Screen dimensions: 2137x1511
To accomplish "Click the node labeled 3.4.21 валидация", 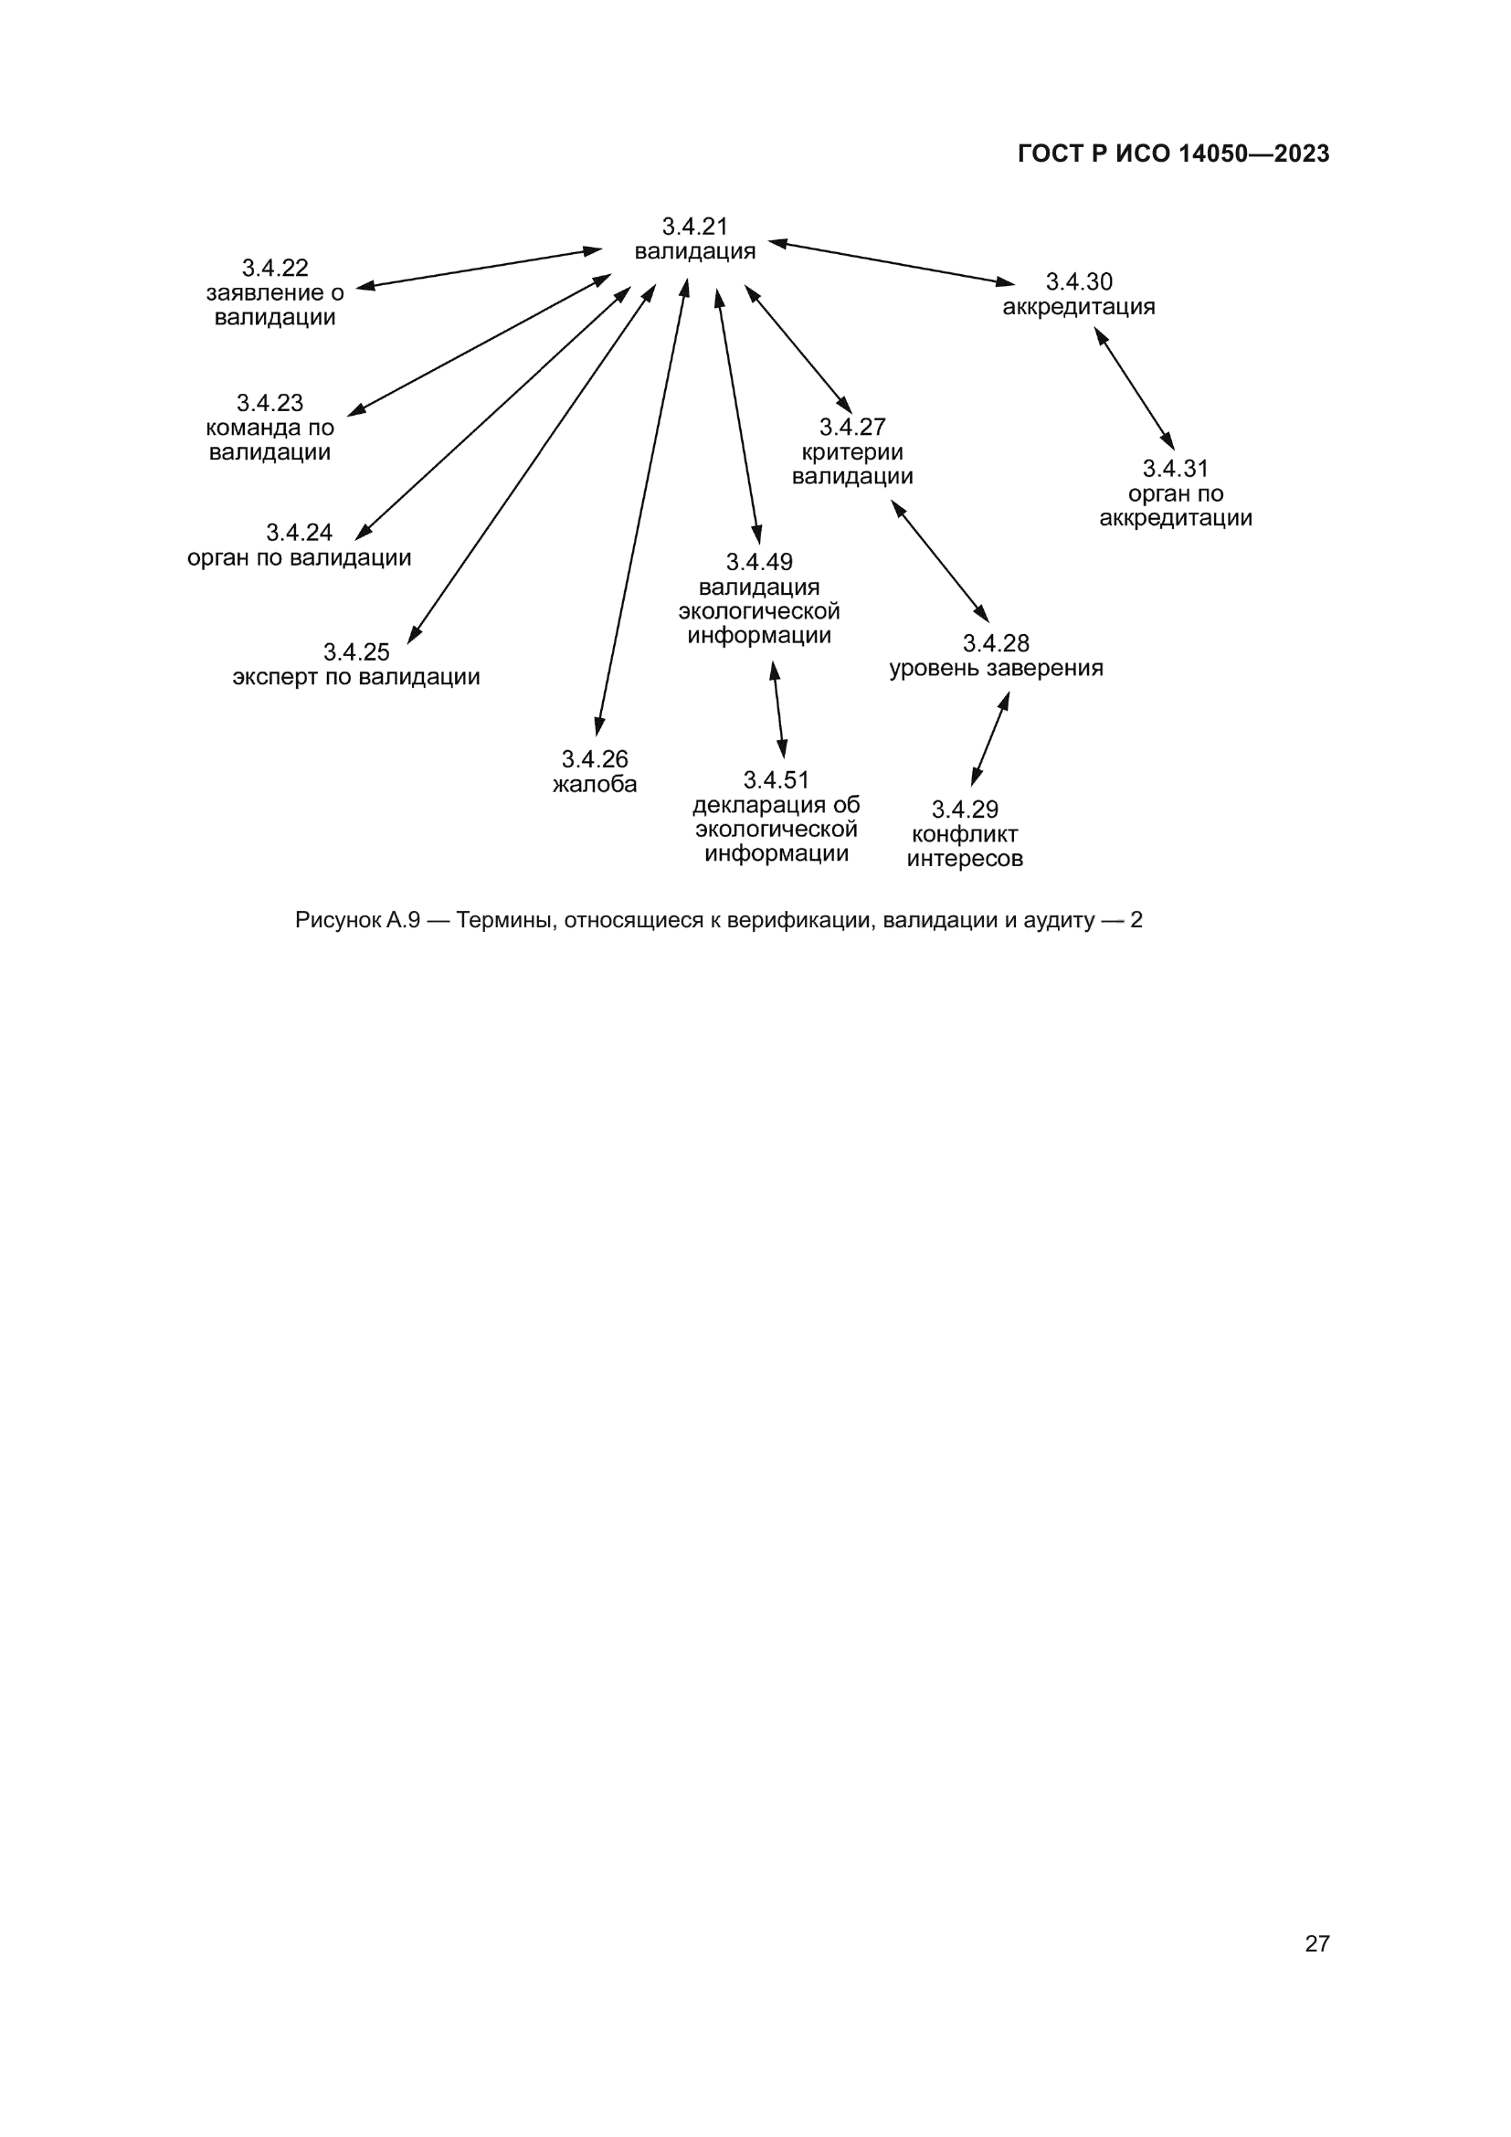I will (694, 239).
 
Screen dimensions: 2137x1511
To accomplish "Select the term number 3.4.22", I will (274, 268).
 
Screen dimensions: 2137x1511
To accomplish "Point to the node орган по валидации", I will (299, 557).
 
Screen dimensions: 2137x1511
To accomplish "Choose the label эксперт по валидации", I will (356, 677).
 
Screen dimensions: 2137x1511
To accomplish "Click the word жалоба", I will (595, 784).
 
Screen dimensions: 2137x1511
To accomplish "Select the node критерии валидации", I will (852, 463).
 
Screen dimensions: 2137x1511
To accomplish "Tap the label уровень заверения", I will (996, 668).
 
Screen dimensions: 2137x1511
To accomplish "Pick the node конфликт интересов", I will (965, 846).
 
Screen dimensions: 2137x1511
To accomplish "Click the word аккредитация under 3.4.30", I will (1078, 306).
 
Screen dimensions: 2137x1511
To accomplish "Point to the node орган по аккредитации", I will (1175, 505).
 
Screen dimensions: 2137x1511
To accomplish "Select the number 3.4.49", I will (759, 562).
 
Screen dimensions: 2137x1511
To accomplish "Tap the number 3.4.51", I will (776, 780).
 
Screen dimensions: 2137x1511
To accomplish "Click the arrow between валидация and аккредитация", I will (892, 262).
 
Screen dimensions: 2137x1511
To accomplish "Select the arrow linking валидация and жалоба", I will (642, 507).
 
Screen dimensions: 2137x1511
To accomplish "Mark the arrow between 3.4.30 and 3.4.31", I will (1135, 389).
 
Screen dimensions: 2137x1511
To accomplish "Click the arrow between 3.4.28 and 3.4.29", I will (990, 739).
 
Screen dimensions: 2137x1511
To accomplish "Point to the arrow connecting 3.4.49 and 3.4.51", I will (777, 709).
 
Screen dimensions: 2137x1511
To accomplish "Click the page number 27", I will (1316, 1943).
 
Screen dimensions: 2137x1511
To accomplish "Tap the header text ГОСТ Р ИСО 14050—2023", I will (1173, 154).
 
